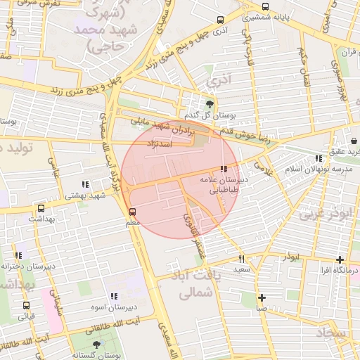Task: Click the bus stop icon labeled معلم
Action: click(133, 210)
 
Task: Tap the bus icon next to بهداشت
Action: click(41, 208)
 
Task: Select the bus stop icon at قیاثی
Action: click(26, 305)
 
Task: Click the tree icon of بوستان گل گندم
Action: click(209, 103)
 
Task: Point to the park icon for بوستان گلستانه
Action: click(96, 345)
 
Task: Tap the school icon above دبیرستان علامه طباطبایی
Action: click(224, 169)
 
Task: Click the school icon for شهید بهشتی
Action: click(85, 185)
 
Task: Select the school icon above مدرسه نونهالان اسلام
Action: click(319, 158)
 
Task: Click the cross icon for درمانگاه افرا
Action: click(340, 259)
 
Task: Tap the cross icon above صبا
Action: click(262, 297)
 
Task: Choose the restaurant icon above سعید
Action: click(242, 259)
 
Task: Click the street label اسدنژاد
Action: click(159, 143)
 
